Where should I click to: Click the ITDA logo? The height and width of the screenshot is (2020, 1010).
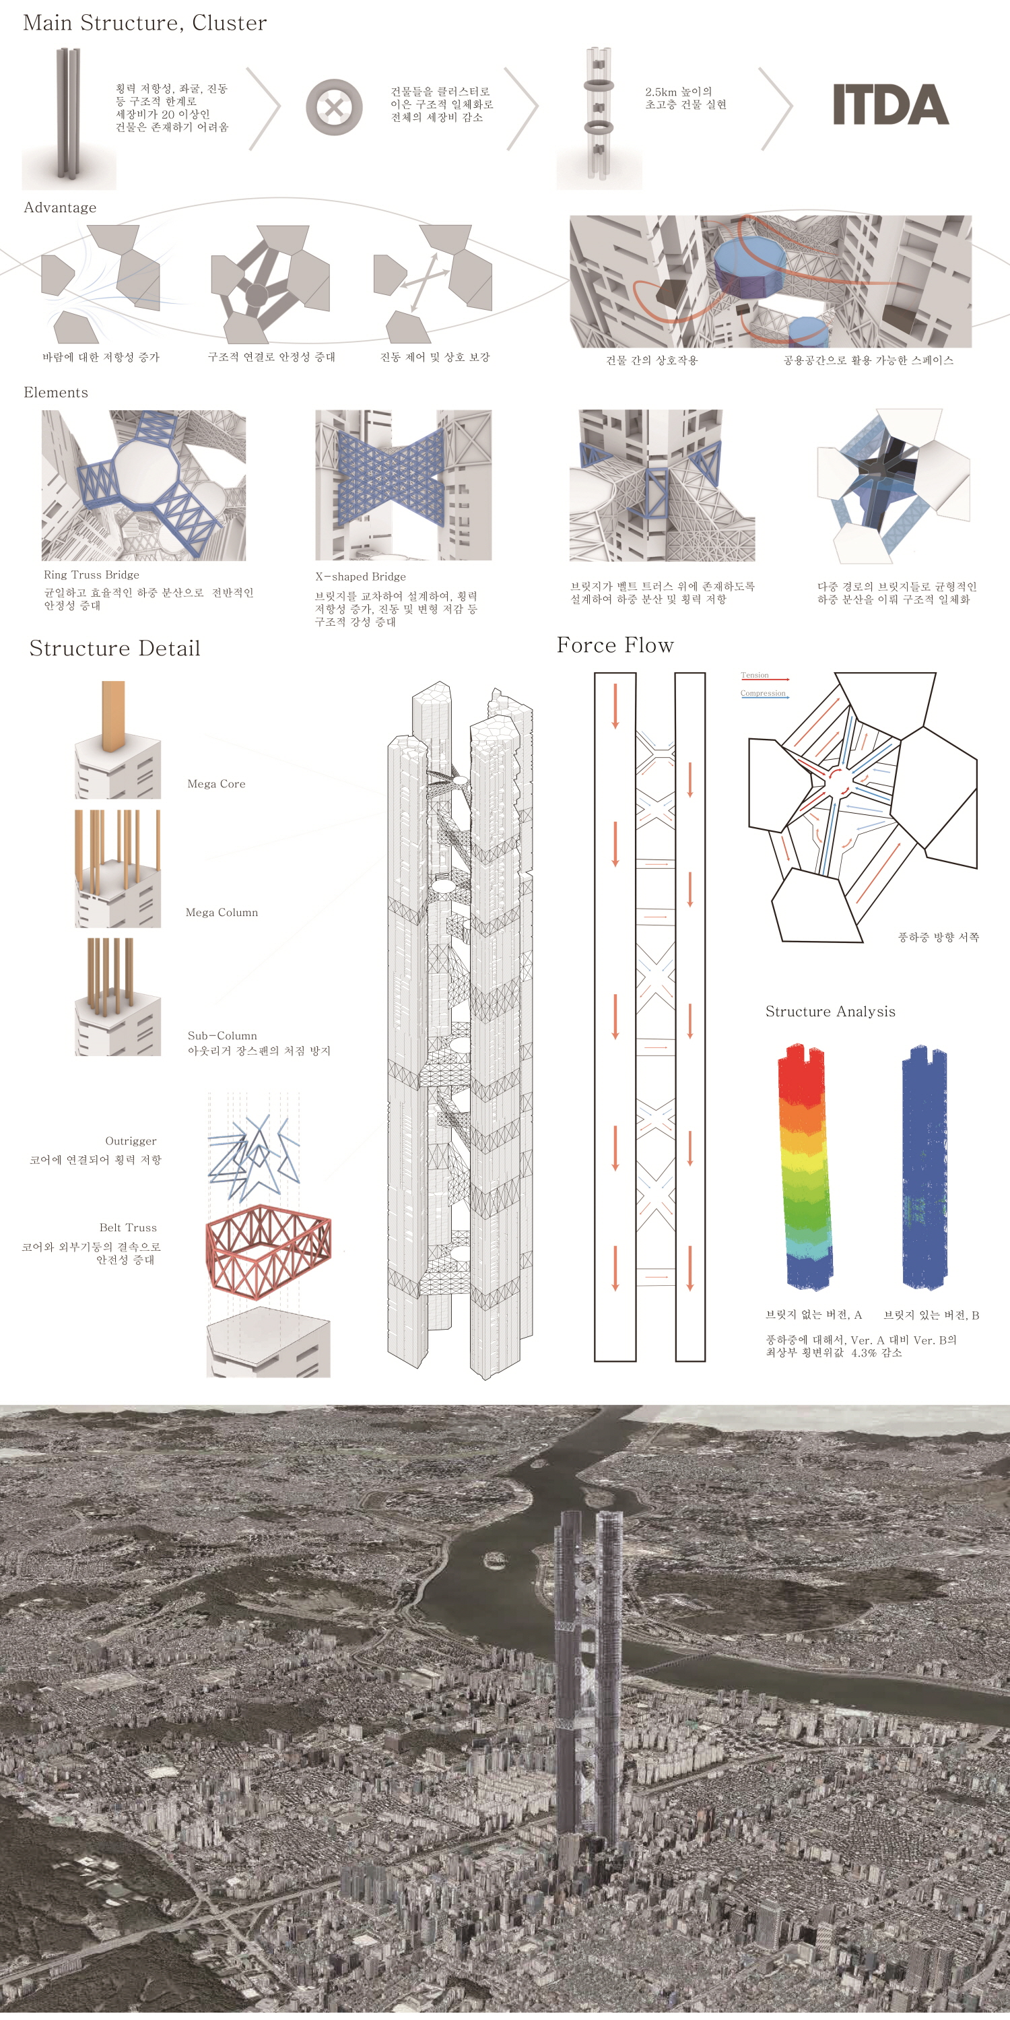[890, 104]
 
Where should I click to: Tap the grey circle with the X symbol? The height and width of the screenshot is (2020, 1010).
[334, 106]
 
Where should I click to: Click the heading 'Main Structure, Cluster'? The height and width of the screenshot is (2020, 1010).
[145, 23]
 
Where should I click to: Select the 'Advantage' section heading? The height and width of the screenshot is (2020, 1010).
[61, 207]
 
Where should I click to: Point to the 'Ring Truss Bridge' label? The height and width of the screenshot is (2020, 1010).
[92, 575]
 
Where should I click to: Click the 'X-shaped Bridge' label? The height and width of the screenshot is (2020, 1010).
[361, 577]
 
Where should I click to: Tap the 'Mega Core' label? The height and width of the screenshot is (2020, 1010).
[216, 783]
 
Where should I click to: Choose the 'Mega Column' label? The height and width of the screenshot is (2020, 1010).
[222, 912]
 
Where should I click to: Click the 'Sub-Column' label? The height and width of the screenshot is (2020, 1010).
[222, 1035]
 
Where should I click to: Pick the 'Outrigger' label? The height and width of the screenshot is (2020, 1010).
[131, 1141]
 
